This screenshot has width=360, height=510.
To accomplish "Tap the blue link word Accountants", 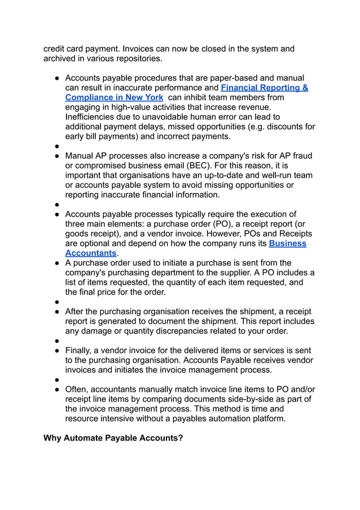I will tap(90, 253).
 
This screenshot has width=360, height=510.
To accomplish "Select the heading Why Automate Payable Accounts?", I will tap(113, 438).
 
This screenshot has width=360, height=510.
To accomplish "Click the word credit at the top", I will tap(55, 49).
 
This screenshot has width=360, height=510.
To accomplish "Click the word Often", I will tap(77, 389).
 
